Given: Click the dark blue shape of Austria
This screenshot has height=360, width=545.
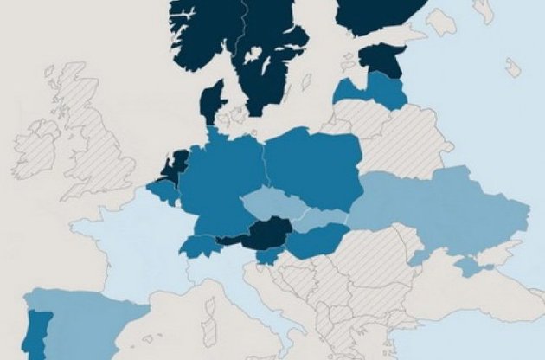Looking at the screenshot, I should pyautogui.click(x=260, y=234).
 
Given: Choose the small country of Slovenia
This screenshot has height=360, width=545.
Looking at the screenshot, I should pyautogui.click(x=271, y=255).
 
